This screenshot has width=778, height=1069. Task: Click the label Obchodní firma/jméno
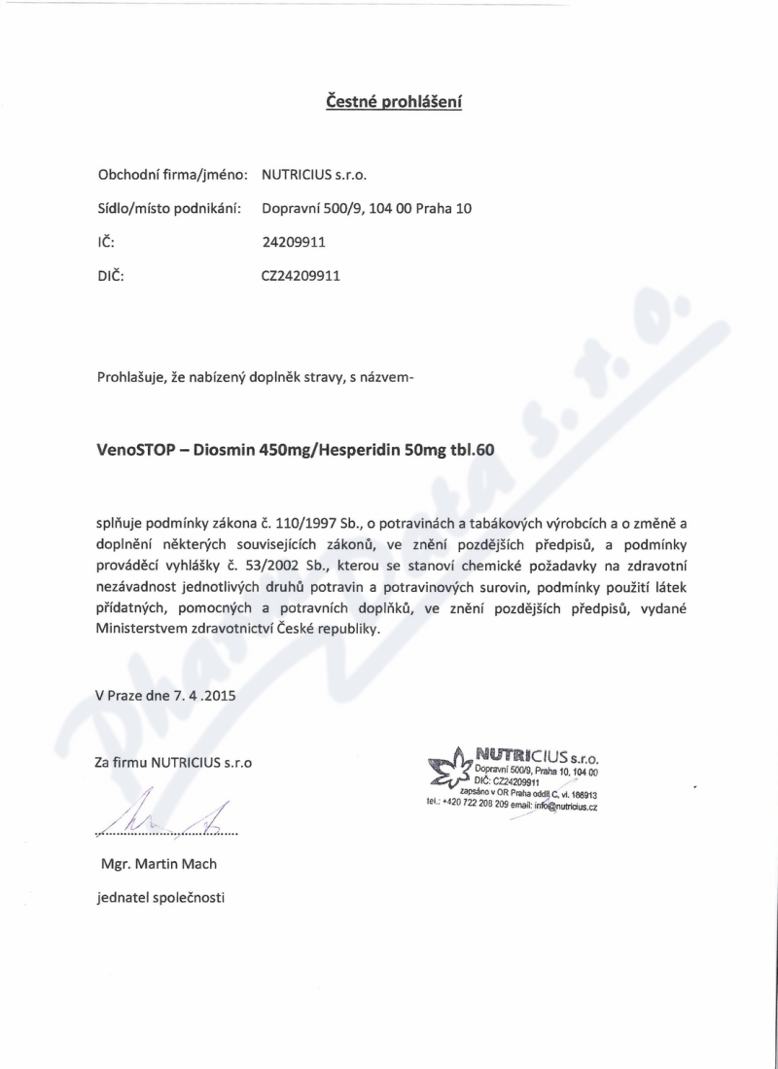pos(171,175)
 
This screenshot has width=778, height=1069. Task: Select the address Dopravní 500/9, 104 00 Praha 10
pos(367,208)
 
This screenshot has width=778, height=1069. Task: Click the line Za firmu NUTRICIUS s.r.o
pos(174,763)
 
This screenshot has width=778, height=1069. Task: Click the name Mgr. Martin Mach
pos(159,864)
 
